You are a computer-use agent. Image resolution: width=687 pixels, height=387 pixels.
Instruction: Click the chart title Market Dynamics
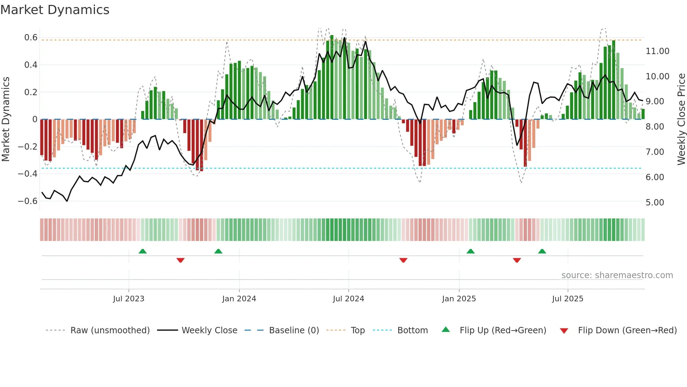coord(55,10)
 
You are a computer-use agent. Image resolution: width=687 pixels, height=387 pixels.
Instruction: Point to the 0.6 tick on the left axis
coord(30,38)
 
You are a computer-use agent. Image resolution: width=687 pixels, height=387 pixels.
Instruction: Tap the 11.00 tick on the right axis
coord(657,51)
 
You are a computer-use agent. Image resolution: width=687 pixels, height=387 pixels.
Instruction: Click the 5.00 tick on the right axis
coord(654,203)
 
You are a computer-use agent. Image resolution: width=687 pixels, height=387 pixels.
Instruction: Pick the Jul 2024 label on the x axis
coord(348,299)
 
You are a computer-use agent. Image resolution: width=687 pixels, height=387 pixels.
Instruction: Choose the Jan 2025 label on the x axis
coord(459,299)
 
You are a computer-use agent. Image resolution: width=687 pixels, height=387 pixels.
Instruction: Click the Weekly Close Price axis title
coord(681,119)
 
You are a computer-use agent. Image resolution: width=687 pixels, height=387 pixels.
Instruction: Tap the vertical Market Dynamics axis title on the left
coord(6,119)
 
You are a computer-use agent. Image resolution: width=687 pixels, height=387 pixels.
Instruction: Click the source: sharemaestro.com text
coord(617,275)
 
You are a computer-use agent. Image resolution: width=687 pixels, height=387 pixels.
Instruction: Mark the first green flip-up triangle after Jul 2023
coord(143,251)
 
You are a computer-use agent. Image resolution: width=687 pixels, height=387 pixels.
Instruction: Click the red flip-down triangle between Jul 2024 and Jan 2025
coord(403,260)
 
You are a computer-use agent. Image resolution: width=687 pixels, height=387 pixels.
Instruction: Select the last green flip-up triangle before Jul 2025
coord(542,251)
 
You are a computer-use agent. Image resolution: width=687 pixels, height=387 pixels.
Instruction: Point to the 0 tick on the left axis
coord(35,119)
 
